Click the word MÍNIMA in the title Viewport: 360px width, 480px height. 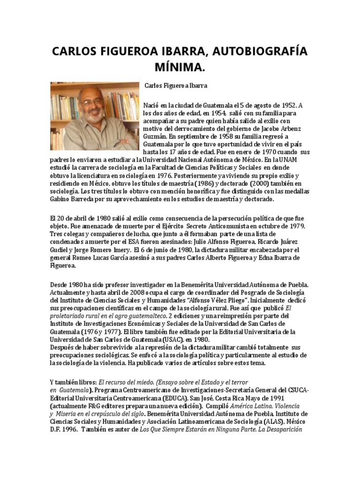click(x=180, y=68)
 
